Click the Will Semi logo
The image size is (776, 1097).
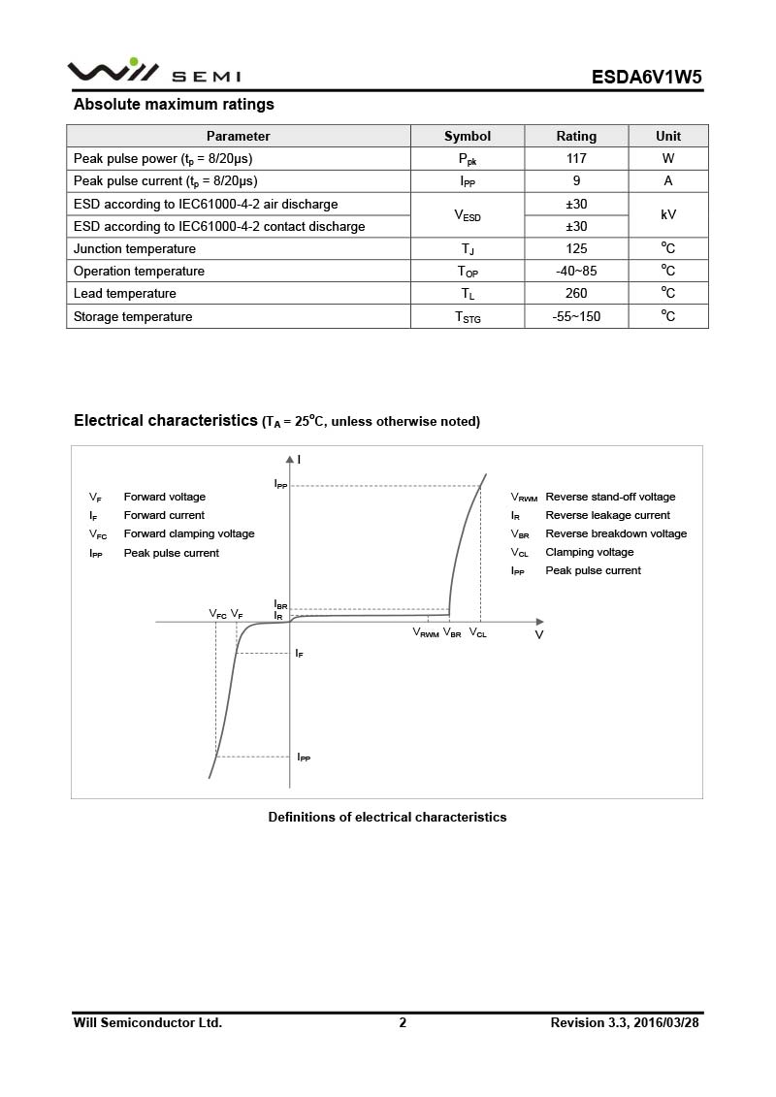coord(153,73)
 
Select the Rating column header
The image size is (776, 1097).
coord(576,136)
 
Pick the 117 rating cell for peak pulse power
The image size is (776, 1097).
coord(576,158)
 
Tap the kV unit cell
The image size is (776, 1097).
coord(668,214)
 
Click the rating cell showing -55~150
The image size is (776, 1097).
coord(576,316)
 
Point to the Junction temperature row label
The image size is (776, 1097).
coord(135,248)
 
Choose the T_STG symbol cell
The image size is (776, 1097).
coord(468,317)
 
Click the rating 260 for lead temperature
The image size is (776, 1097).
coord(576,293)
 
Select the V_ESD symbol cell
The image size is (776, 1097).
coord(468,215)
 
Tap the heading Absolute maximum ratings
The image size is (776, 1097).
coord(174,104)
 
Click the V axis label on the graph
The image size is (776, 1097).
coord(539,634)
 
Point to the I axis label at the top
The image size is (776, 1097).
coord(299,459)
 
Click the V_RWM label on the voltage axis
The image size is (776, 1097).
coord(426,632)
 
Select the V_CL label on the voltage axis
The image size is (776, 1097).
coord(478,632)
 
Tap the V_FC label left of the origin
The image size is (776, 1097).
coord(217,614)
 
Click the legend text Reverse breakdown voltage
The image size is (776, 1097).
coord(616,533)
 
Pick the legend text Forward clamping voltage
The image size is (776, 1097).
coord(189,533)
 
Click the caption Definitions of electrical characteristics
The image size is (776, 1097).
coord(387,817)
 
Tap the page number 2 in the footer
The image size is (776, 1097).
coord(403,1022)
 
